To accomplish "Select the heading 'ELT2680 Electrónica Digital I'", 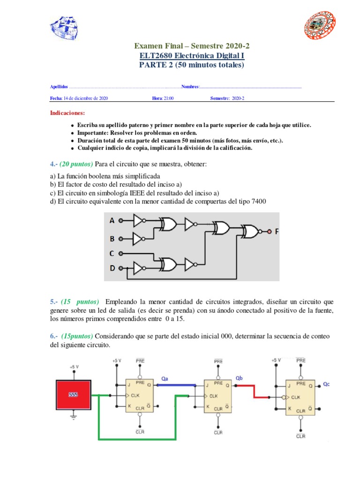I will (192, 56).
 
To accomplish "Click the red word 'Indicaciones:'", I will (67, 113).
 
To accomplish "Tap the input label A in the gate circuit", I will (112, 220).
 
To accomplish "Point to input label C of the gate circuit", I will (112, 254).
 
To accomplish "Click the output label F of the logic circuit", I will (277, 231).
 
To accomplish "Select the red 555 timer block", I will (73, 394).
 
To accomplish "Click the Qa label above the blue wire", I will (165, 378).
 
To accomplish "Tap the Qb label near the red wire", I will (239, 378).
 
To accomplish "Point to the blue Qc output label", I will (326, 384).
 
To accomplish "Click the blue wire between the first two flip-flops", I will (176, 385).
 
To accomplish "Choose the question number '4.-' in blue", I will (53, 165).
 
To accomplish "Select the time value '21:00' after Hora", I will (169, 98).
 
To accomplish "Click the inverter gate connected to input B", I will (140, 239).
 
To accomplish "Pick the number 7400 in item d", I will (257, 201).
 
